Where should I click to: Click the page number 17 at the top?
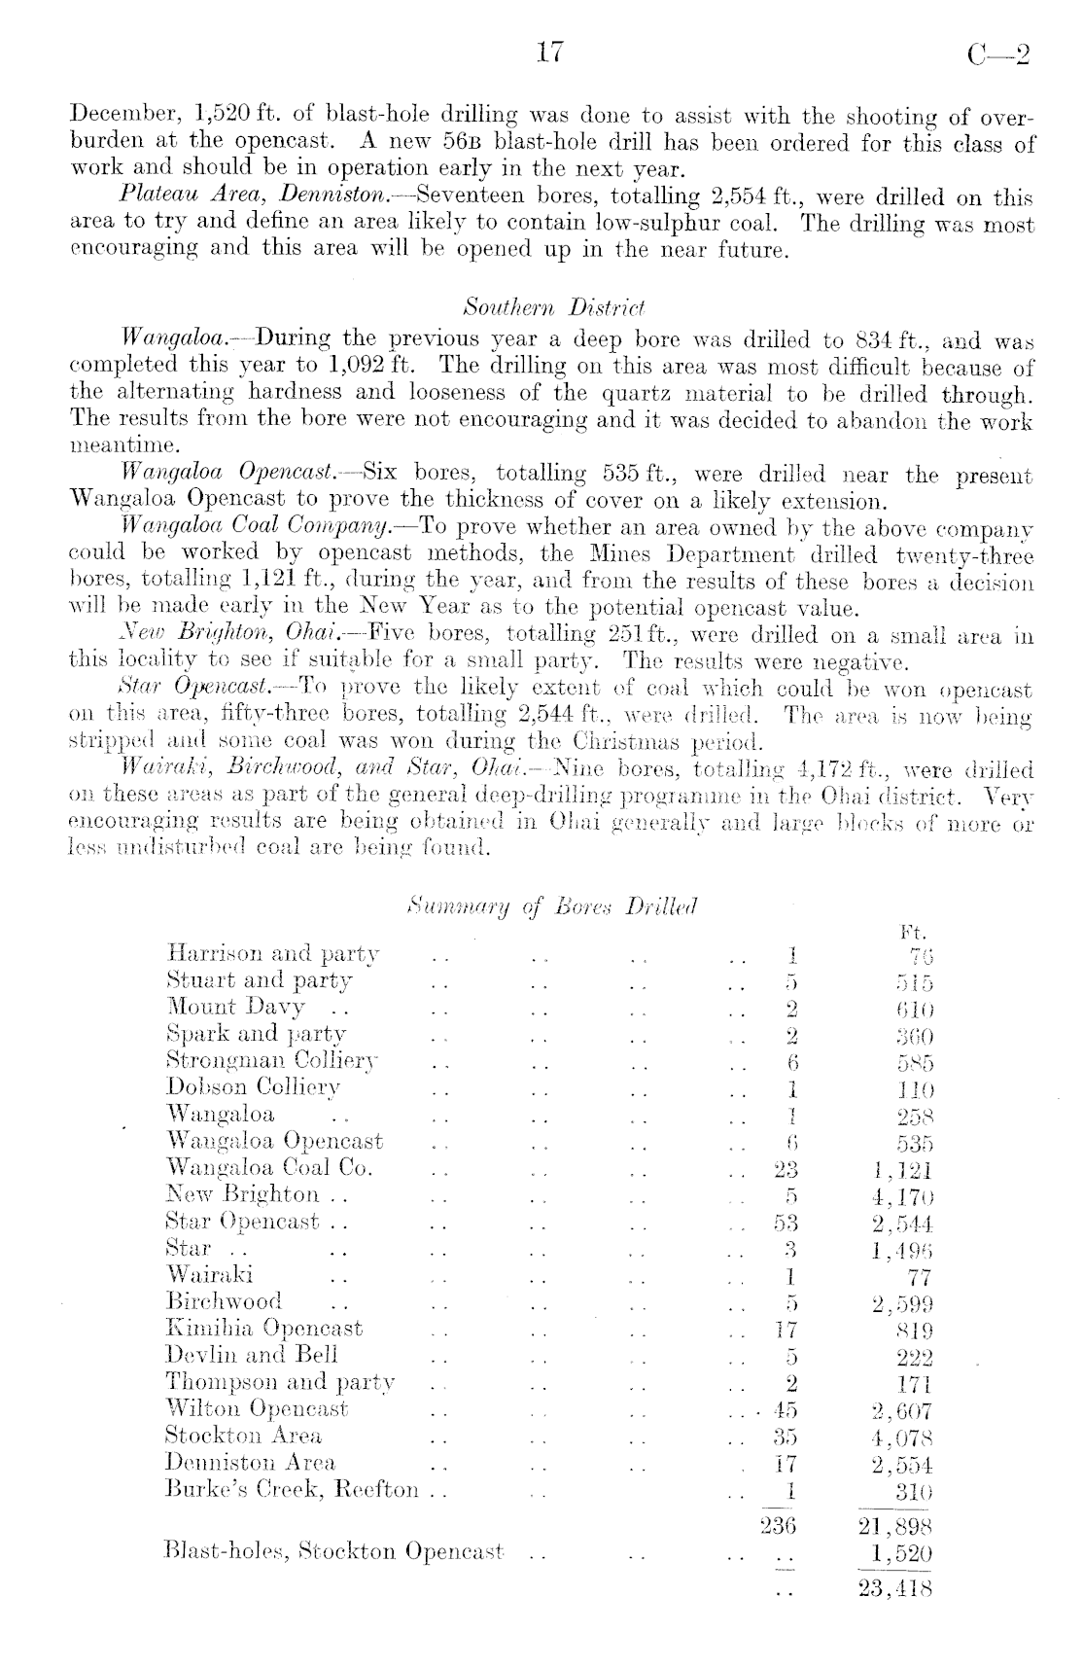(x=549, y=53)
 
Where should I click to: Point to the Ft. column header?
(x=915, y=932)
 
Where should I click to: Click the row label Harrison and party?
(x=273, y=954)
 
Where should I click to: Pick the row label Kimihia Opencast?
(x=264, y=1329)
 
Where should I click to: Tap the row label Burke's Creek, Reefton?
(x=293, y=1490)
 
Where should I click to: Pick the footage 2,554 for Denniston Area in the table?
(x=902, y=1463)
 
